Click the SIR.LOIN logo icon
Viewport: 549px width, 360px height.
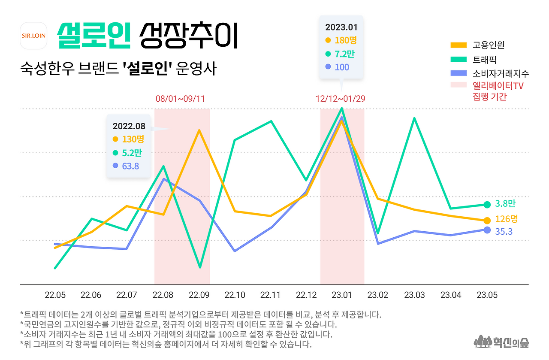coord(33,36)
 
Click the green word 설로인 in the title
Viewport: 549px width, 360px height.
coord(94,36)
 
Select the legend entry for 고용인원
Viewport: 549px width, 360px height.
coord(489,45)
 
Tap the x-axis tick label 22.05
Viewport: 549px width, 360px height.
coord(55,295)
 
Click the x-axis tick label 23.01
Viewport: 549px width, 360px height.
coord(342,295)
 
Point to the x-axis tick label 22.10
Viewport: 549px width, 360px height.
coord(235,295)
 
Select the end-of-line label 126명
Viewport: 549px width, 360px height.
coord(506,219)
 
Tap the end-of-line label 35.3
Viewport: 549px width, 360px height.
coord(504,231)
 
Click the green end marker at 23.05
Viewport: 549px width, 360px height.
coord(487,205)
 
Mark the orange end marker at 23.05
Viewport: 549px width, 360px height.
coord(487,221)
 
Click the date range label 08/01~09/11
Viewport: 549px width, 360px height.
coord(180,99)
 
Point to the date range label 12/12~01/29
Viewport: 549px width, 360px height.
coord(341,99)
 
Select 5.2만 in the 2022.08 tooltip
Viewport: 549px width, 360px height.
coord(132,152)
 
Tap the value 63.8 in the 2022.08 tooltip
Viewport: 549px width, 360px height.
coord(130,166)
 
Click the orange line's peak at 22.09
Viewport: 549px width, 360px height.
coord(199,130)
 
